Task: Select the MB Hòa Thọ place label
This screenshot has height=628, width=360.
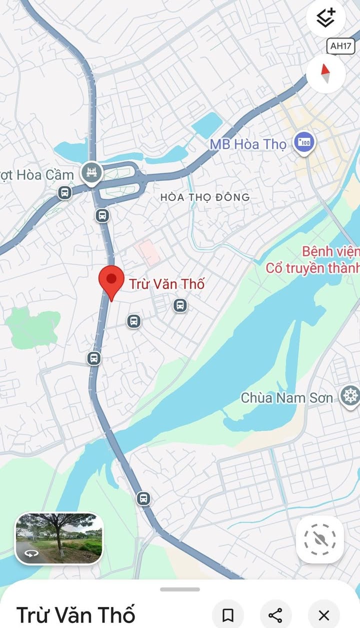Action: pyautogui.click(x=248, y=144)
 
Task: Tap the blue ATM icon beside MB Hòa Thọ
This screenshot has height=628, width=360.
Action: pyautogui.click(x=303, y=142)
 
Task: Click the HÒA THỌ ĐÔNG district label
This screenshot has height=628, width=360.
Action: pyautogui.click(x=205, y=197)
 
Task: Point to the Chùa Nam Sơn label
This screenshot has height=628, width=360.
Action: pyautogui.click(x=287, y=398)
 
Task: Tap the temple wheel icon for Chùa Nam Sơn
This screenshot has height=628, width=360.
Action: pyautogui.click(x=350, y=396)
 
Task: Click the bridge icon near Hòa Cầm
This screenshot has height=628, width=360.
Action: pyautogui.click(x=92, y=173)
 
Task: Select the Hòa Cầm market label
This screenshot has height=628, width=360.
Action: pyautogui.click(x=37, y=175)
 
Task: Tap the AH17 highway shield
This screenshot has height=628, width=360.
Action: pyautogui.click(x=341, y=46)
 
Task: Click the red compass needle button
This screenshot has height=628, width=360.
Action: pyautogui.click(x=325, y=74)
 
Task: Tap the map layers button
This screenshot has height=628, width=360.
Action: pyautogui.click(x=325, y=18)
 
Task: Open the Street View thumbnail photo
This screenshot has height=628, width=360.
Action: pyautogui.click(x=59, y=538)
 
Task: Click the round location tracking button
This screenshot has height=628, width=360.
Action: pyautogui.click(x=320, y=540)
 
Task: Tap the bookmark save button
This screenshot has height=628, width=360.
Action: pyautogui.click(x=228, y=615)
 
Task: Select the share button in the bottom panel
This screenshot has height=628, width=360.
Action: pyautogui.click(x=276, y=615)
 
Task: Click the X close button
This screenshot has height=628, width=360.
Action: pyautogui.click(x=324, y=615)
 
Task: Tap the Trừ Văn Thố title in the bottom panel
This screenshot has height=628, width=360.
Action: pyautogui.click(x=76, y=615)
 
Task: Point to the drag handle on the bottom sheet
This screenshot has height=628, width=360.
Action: pyautogui.click(x=180, y=590)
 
